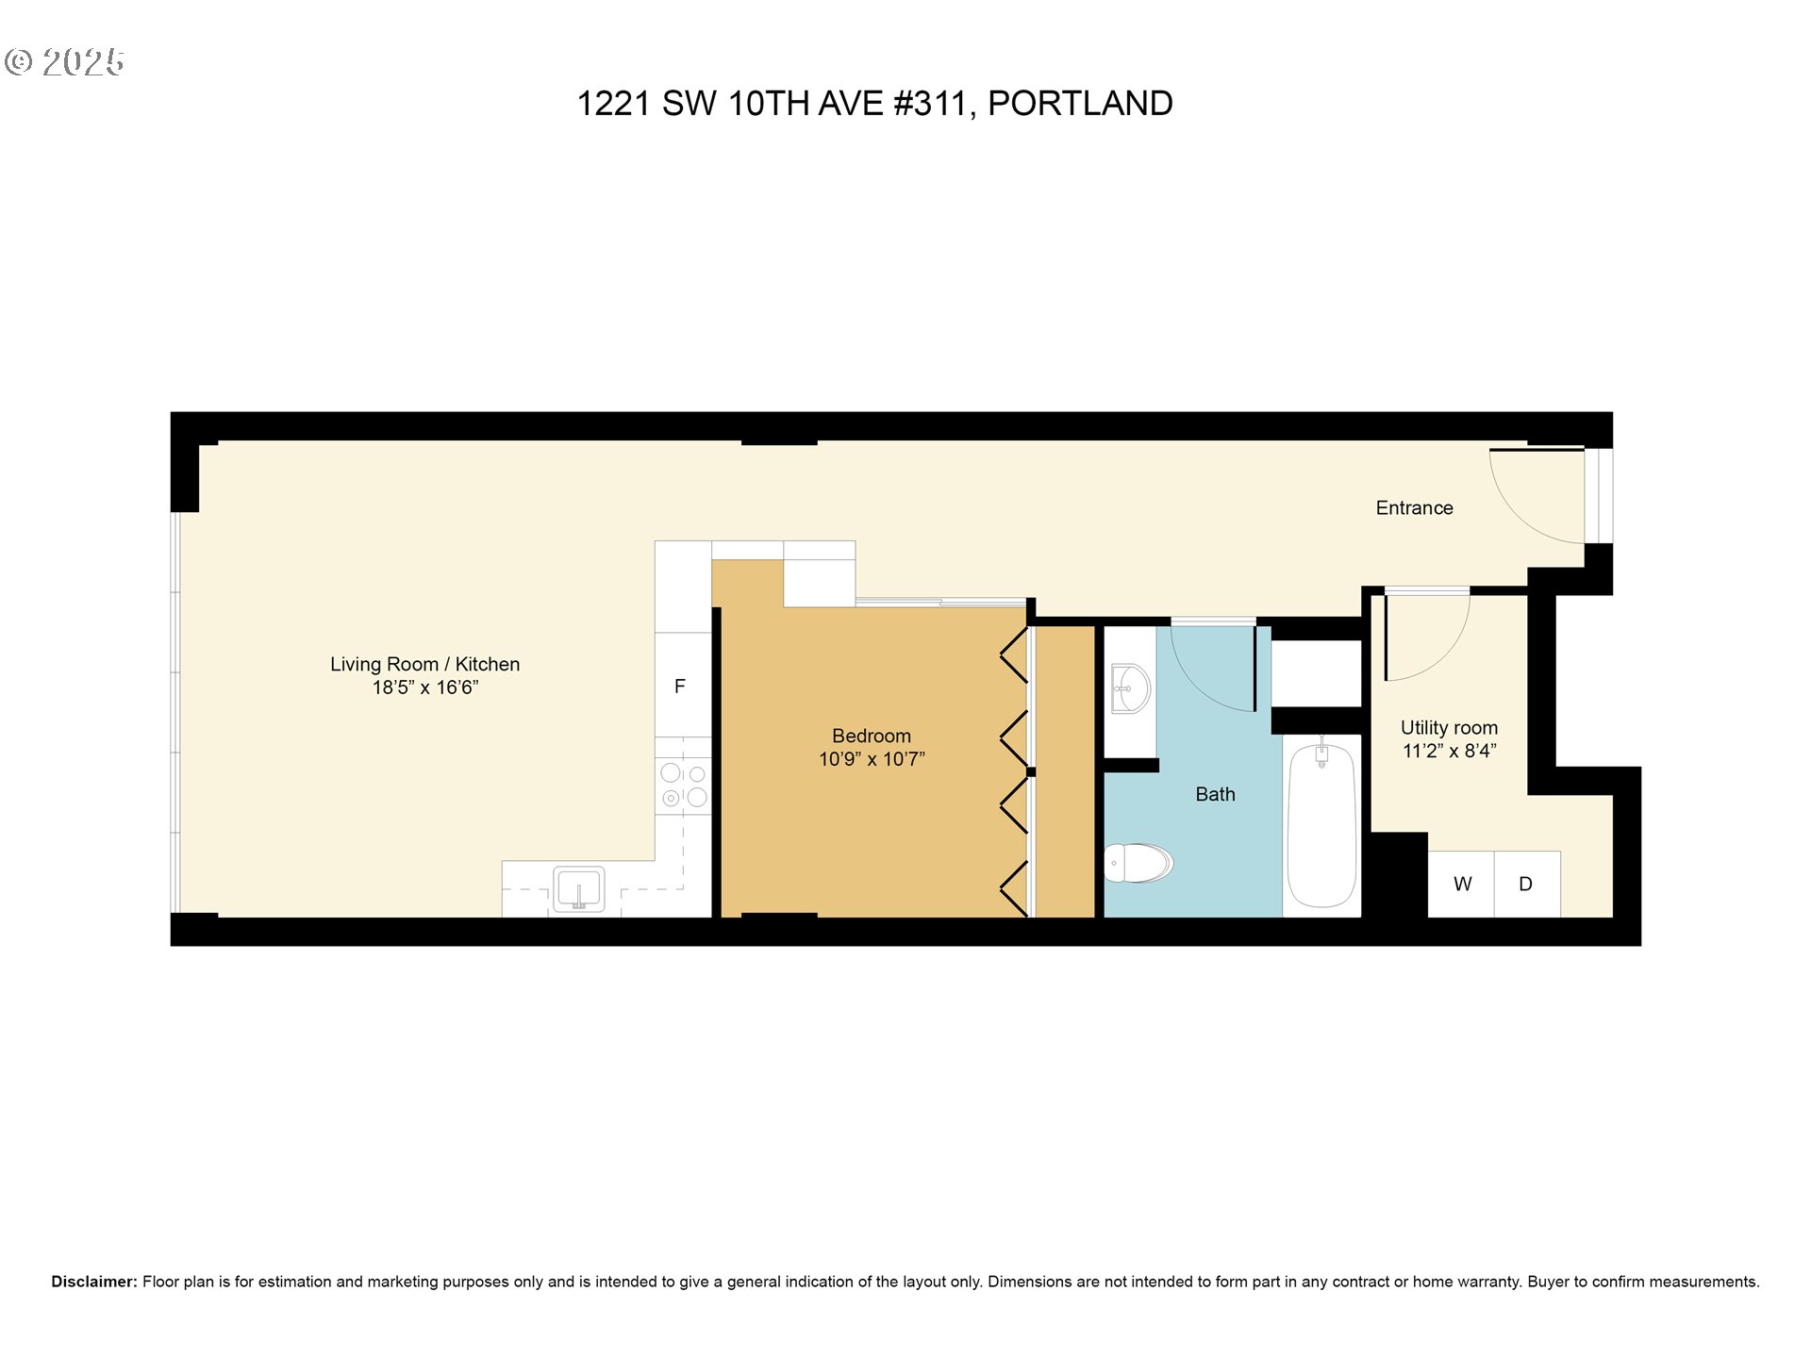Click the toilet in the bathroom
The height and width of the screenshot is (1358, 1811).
1139,862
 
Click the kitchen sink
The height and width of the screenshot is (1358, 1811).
578,888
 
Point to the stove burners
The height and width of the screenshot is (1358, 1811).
684,786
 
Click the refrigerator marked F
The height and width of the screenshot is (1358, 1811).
680,686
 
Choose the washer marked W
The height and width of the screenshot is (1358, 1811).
1461,884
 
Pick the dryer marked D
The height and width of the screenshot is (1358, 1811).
1526,884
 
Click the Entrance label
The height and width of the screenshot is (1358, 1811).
1413,508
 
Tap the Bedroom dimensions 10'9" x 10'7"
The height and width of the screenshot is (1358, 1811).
871,759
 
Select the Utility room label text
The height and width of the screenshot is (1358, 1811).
1449,728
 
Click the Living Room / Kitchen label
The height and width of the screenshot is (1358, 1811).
424,664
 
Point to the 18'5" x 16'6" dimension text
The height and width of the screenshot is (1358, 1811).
424,687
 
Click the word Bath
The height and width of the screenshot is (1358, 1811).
1215,794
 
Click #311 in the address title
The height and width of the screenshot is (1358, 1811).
929,103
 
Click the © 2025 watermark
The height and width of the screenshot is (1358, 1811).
64,62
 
